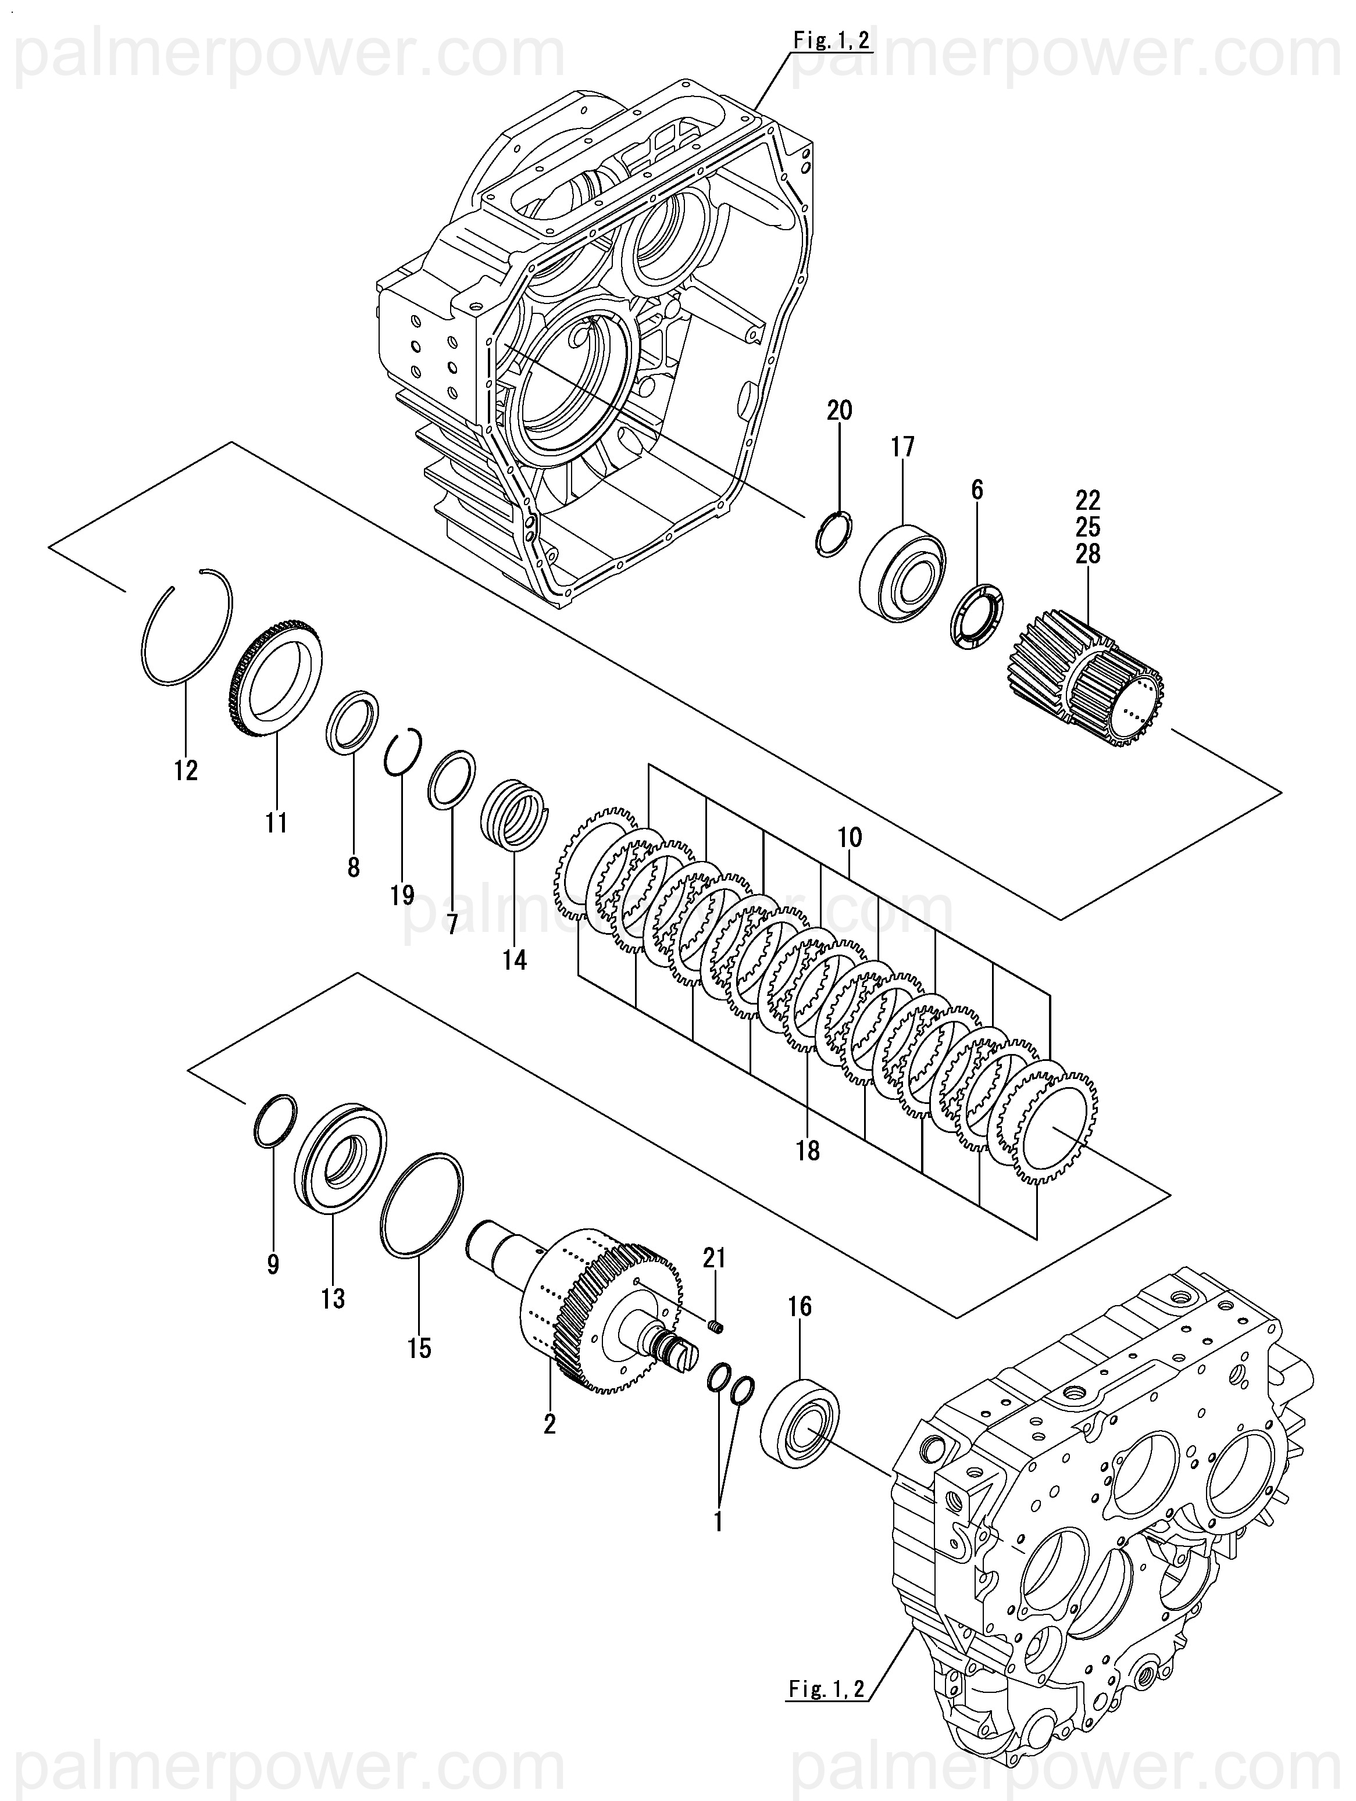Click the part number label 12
coord(185,770)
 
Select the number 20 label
coord(840,410)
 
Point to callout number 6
coord(977,489)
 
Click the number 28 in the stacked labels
coord(1088,553)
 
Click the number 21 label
coord(713,1258)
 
